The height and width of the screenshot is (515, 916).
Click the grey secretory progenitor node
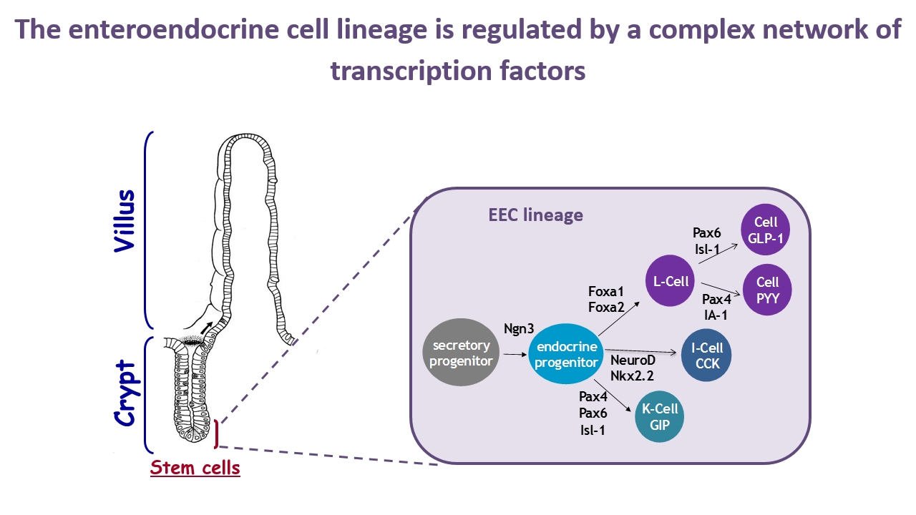(461, 353)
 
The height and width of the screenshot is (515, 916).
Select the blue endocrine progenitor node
(567, 353)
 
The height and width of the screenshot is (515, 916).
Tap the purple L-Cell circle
(671, 281)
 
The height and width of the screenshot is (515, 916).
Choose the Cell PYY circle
(767, 290)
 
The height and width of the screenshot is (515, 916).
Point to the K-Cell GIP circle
(660, 416)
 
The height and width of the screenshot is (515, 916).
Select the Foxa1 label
(606, 292)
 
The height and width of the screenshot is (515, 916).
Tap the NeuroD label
(633, 360)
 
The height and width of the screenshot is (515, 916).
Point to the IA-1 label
(716, 315)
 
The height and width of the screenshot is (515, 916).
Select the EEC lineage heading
(535, 215)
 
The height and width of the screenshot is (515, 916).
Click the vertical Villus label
(125, 220)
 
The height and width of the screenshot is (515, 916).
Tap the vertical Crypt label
(127, 394)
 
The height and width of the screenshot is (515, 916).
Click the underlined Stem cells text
(195, 469)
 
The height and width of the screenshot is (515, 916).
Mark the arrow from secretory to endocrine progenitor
(514, 354)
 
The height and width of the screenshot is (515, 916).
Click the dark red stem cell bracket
(216, 433)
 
